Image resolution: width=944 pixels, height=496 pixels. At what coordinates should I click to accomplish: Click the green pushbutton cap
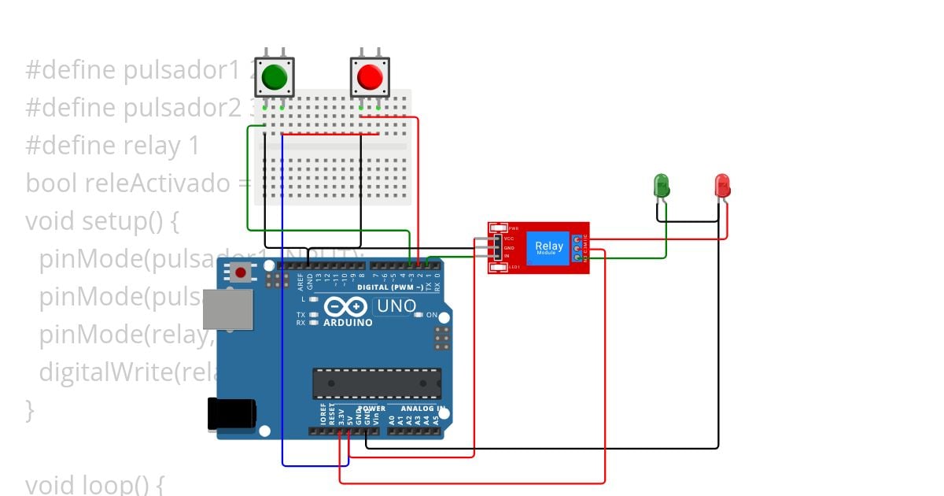(x=275, y=76)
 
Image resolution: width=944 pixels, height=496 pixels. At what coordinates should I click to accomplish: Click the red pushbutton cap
(x=369, y=76)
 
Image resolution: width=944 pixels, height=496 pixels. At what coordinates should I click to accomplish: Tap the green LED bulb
(x=662, y=186)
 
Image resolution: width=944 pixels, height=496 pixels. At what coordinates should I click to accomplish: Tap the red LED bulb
(x=722, y=186)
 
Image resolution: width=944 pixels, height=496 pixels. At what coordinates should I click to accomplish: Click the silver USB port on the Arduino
(x=227, y=309)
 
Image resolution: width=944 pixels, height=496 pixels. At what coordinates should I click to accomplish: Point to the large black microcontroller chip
(x=377, y=383)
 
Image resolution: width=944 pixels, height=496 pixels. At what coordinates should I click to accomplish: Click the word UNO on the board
(x=395, y=305)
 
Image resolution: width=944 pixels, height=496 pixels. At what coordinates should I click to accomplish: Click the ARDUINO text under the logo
(x=348, y=323)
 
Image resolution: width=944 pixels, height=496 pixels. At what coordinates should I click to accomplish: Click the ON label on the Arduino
(x=431, y=315)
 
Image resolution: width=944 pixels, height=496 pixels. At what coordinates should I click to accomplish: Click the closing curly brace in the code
(x=30, y=409)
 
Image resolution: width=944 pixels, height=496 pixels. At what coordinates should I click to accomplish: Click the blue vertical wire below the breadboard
(x=282, y=315)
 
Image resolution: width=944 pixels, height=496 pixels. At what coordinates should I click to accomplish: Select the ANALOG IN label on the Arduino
(x=422, y=409)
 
